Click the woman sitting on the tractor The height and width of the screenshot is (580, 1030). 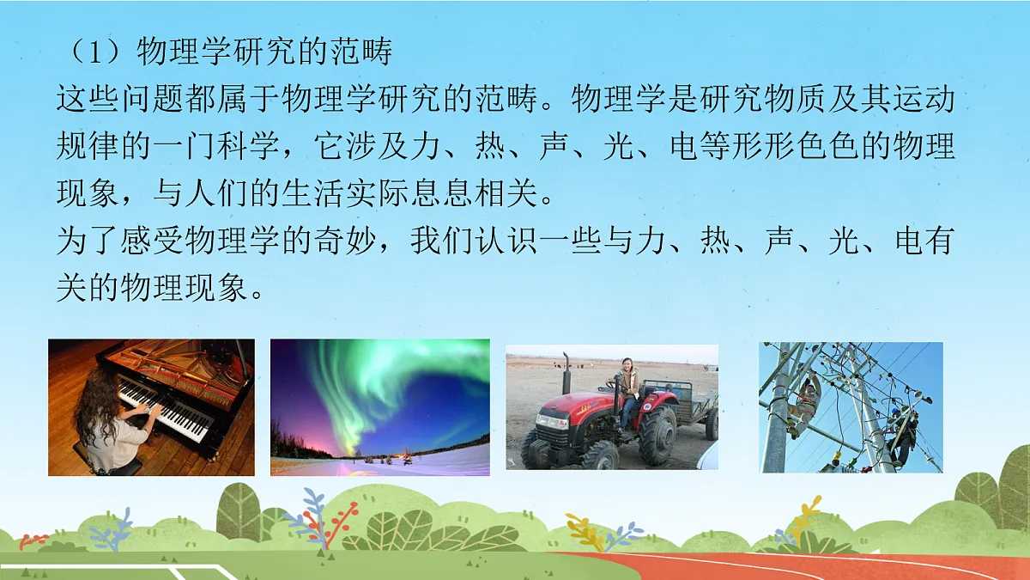click(627, 391)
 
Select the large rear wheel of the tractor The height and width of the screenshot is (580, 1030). click(657, 434)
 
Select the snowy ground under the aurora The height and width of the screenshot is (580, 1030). click(386, 464)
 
